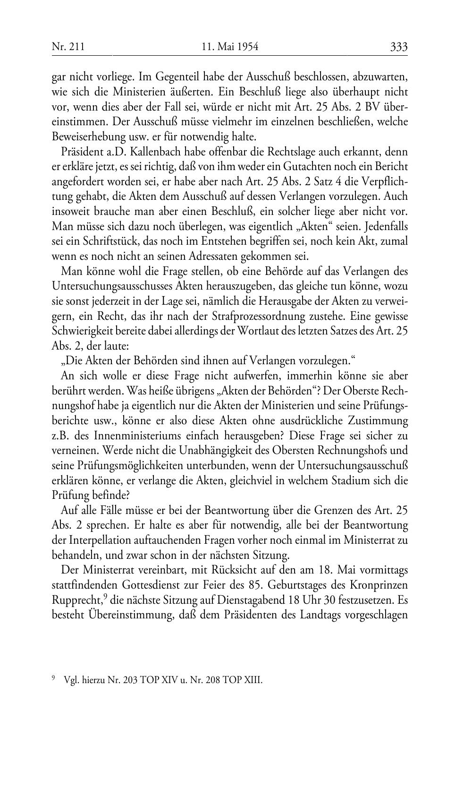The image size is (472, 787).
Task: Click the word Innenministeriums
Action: click(x=126, y=436)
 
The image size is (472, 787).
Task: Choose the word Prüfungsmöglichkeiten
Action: click(x=124, y=465)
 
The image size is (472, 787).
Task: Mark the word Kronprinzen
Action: click(x=382, y=585)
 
